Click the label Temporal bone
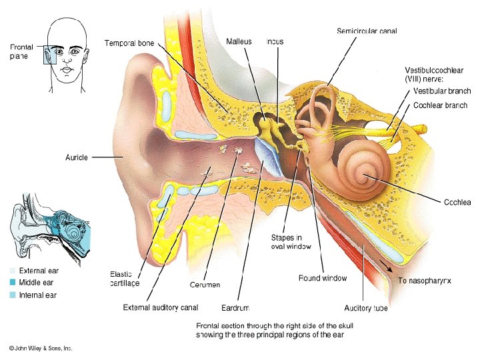coord(129,43)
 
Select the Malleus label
coord(239,41)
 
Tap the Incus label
coord(275,41)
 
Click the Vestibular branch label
coord(441,91)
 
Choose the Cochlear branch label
coord(440,105)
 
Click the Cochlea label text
coord(457,202)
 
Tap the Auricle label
coord(77,157)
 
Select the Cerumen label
coord(205,285)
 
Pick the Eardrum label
coord(235,308)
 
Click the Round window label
coord(322,278)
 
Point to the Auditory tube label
coord(366,308)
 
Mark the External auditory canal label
coord(161,307)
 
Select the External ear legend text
coord(39,271)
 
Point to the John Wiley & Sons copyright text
coord(40,349)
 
